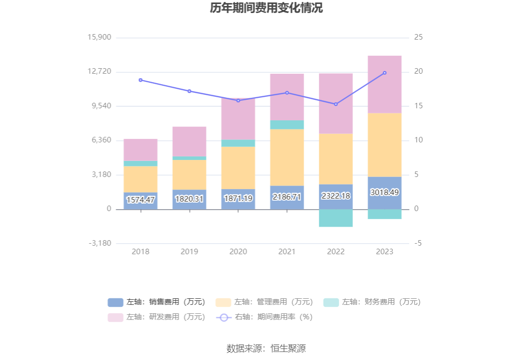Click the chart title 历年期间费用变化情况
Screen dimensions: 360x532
(266, 9)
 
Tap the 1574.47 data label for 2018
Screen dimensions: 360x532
(141, 200)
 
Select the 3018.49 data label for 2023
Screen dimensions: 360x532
(385, 193)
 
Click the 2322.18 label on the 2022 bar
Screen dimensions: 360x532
(336, 196)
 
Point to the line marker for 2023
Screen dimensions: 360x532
(385, 73)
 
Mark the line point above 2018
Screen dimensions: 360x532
(141, 80)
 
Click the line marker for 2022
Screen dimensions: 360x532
(336, 104)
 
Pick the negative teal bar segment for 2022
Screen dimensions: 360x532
(336, 218)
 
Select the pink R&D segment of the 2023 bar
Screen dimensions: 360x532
(385, 84)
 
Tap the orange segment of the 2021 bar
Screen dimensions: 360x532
(287, 157)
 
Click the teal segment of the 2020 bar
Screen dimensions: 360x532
(238, 143)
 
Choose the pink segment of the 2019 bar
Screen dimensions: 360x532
(189, 141)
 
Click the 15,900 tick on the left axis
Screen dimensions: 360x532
(99, 38)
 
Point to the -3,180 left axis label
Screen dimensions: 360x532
(100, 243)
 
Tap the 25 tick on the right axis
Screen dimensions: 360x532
(418, 38)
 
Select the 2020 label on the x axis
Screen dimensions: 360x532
(238, 252)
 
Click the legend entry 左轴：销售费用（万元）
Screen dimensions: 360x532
(156, 302)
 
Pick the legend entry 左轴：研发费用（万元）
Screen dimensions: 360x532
(156, 317)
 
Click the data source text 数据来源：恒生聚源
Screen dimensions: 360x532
(266, 348)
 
